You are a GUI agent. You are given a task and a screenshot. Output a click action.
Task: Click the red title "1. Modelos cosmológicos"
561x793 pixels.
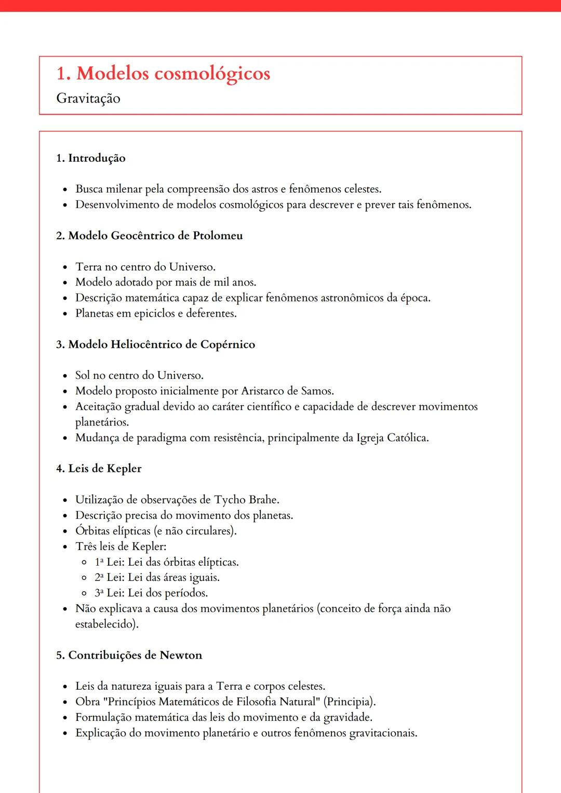163,74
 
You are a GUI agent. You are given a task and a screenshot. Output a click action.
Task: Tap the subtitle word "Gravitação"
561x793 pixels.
88,99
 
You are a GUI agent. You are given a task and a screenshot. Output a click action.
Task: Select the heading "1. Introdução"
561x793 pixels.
91,158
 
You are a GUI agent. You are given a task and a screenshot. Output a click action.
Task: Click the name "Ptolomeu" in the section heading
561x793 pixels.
218,236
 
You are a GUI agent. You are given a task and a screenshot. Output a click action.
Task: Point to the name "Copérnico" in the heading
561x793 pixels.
228,345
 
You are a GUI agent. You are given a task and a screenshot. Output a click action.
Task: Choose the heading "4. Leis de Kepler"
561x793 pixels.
99,469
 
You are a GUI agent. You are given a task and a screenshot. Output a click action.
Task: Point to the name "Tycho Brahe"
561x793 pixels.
247,500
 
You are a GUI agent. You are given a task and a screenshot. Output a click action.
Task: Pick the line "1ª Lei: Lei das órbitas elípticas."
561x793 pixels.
167,562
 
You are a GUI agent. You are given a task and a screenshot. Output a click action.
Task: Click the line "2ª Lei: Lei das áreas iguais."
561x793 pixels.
157,578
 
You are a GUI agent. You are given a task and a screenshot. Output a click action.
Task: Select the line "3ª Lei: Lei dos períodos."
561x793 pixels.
151,593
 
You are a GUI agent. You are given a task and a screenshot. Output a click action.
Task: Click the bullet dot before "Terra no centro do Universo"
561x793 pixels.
65,268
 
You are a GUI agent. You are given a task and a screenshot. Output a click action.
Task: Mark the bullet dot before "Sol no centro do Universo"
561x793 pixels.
65,376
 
